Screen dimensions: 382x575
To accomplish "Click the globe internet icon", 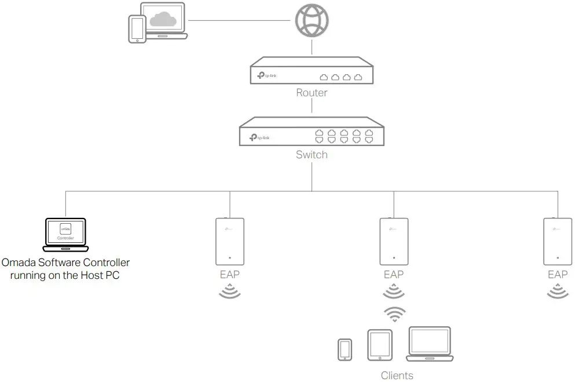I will pos(312,21).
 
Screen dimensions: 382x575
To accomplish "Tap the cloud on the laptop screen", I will pos(162,20).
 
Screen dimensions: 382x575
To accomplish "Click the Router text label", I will pos(312,93).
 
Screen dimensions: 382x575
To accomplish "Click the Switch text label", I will pos(312,155).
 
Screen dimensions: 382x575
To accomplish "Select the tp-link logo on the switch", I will pos(259,137).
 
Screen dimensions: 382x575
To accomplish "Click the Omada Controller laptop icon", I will pos(65,235).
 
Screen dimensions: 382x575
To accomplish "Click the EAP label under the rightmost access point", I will pos(558,274).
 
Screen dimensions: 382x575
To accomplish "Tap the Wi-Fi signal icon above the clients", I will pos(394,314).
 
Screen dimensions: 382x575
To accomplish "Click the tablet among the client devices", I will pos(379,345).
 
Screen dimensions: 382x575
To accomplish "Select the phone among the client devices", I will pos(345,350).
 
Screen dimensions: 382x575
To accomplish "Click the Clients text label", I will pos(397,375).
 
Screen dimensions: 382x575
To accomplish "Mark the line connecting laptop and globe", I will pos(239,21).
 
